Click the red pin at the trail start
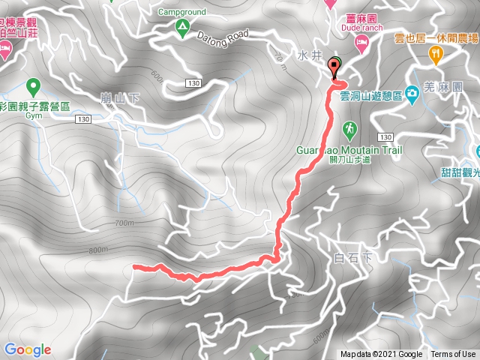click(x=333, y=68)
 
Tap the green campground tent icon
click(x=182, y=29)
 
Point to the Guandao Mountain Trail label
click(x=349, y=150)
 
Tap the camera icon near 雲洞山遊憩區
click(x=412, y=94)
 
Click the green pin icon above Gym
click(x=32, y=85)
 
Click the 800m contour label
click(x=97, y=250)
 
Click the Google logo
click(x=27, y=349)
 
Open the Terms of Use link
click(x=452, y=355)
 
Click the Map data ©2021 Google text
click(x=380, y=355)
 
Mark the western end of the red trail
click(x=134, y=265)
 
